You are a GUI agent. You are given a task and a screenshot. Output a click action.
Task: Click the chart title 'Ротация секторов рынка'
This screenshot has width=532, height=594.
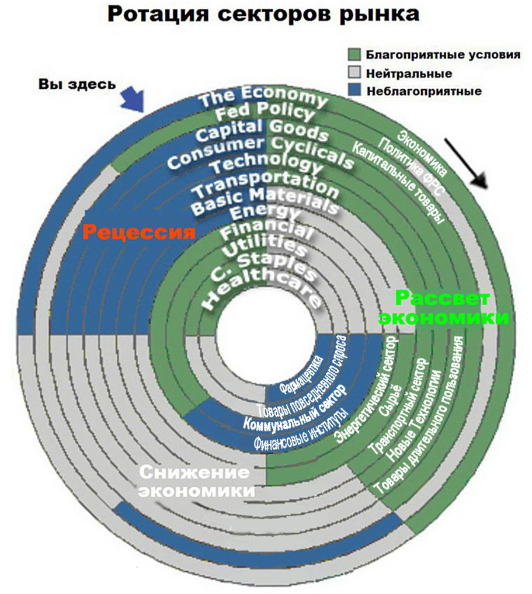pyautogui.click(x=263, y=14)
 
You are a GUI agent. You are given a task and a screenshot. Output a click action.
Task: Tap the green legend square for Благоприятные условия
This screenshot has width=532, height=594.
pyautogui.click(x=353, y=55)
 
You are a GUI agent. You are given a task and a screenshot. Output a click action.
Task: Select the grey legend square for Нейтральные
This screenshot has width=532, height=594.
pyautogui.click(x=353, y=74)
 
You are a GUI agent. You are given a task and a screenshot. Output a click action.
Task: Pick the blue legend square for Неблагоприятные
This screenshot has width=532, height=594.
pyautogui.click(x=353, y=91)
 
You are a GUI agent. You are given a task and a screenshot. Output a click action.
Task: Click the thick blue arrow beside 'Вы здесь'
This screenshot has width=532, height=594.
pyautogui.click(x=131, y=98)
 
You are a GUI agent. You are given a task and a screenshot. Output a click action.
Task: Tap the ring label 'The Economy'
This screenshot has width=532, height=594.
pyautogui.click(x=263, y=95)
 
